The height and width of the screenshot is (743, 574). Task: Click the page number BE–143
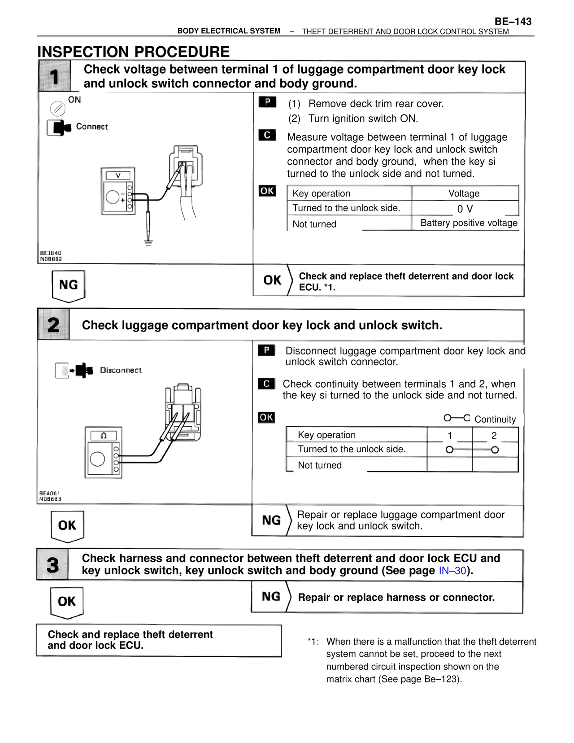(513, 22)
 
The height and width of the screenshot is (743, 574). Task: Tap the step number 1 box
(54, 76)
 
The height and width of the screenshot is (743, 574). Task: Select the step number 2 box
(53, 325)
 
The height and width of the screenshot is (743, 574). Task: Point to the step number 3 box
(52, 564)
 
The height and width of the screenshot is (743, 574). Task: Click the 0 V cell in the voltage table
(465, 209)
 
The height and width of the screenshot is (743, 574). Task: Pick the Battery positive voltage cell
(469, 223)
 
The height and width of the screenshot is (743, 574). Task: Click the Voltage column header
(464, 193)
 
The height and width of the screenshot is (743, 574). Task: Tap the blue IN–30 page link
(452, 571)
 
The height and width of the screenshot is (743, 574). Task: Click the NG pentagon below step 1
(68, 285)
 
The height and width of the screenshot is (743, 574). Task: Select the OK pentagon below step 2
(67, 526)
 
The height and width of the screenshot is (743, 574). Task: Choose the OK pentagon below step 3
(67, 602)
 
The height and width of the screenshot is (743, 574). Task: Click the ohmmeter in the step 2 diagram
(104, 453)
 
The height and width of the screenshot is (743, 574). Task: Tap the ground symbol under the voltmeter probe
(148, 244)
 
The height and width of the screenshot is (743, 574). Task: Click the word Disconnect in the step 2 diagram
(121, 370)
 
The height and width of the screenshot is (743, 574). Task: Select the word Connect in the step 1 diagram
(92, 127)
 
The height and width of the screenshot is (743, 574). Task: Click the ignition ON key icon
(57, 108)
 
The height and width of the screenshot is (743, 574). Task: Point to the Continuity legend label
(495, 420)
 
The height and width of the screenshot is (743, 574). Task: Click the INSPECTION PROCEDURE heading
(134, 52)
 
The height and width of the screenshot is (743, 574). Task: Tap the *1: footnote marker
(313, 642)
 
